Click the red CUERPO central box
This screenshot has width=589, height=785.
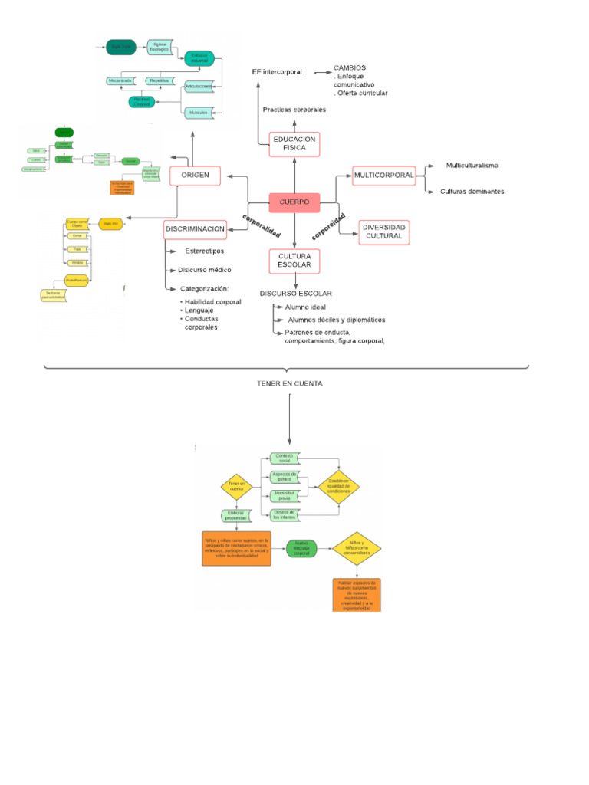pyautogui.click(x=294, y=202)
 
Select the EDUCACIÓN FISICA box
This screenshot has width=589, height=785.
pyautogui.click(x=294, y=143)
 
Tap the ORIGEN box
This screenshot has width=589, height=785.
pyautogui.click(x=195, y=176)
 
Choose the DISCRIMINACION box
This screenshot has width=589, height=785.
pyautogui.click(x=195, y=228)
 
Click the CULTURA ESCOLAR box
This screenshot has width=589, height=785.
pyautogui.click(x=294, y=261)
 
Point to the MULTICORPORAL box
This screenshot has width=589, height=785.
pyautogui.click(x=383, y=176)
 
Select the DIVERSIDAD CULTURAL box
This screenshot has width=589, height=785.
pyautogui.click(x=383, y=232)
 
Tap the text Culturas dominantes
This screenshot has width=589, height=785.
pyautogui.click(x=472, y=192)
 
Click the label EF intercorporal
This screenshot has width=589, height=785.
pyautogui.click(x=277, y=72)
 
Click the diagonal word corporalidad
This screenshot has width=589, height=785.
pyautogui.click(x=262, y=225)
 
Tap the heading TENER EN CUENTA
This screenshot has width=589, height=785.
pyautogui.click(x=290, y=383)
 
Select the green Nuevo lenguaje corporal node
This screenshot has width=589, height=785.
pyautogui.click(x=301, y=547)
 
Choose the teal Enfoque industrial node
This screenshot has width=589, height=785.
pyautogui.click(x=199, y=57)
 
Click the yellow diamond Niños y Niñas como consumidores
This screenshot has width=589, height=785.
pyautogui.click(x=357, y=549)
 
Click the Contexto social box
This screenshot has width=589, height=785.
pyautogui.click(x=285, y=458)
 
